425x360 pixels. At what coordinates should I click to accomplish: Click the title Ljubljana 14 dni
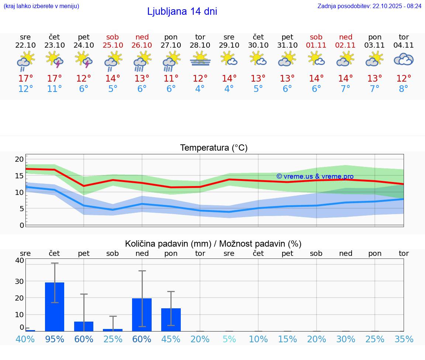pos(182,11)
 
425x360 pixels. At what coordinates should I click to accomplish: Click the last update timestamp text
pos(369,6)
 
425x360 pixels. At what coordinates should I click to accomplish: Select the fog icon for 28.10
pos(200,59)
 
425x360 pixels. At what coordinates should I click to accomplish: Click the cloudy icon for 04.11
pos(404,59)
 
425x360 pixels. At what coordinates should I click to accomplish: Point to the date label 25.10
pos(113,45)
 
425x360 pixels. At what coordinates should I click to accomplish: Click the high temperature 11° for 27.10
pos(171,78)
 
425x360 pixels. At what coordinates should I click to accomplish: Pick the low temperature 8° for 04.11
pos(404,89)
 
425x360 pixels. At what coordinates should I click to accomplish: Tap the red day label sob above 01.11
pos(316,37)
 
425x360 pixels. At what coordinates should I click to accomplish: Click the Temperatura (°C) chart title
pos(214,148)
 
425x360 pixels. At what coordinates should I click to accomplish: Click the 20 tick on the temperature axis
pos(19,159)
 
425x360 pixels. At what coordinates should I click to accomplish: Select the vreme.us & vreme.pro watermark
pos(315,176)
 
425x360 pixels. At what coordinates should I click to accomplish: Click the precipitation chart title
pos(213,244)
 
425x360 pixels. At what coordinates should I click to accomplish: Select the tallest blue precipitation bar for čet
pos(55,306)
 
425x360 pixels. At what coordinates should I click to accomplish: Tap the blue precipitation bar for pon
pos(171,319)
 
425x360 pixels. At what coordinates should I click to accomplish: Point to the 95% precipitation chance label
pos(55,339)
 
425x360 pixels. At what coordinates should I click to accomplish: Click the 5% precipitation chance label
pos(229,339)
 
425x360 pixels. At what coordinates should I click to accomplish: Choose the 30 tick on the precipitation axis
pos(19,281)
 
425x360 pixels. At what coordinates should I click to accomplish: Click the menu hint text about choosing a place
pos(41,6)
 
